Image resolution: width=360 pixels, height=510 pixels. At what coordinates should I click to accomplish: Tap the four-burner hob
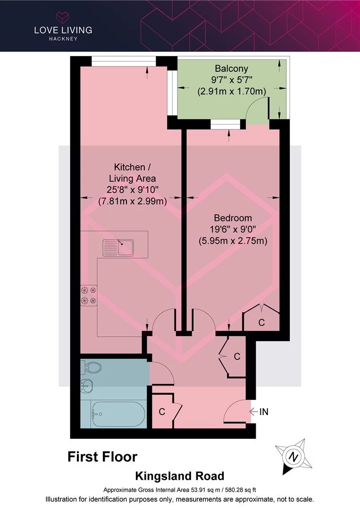89,295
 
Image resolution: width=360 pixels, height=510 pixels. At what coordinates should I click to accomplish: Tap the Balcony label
231,68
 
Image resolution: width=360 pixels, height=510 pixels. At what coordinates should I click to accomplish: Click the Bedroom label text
233,218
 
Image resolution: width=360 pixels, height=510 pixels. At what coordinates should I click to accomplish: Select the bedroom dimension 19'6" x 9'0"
233,229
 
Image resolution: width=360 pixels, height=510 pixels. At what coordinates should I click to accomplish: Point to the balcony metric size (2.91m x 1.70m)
232,92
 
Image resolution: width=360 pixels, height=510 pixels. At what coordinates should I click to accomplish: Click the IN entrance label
264,412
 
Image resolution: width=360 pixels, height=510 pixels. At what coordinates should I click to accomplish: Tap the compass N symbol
293,457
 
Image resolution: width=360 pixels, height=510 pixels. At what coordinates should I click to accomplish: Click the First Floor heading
102,457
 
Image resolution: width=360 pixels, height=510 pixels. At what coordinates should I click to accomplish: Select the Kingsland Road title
180,476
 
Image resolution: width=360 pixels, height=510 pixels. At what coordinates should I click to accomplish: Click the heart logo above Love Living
63,17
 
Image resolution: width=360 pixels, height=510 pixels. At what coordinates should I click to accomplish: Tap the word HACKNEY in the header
63,39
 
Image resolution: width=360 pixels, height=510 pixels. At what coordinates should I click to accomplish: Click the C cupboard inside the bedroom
261,323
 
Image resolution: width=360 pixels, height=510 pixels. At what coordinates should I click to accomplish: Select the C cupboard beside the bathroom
162,412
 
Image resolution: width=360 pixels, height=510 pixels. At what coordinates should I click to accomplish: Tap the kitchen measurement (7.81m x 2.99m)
133,201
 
